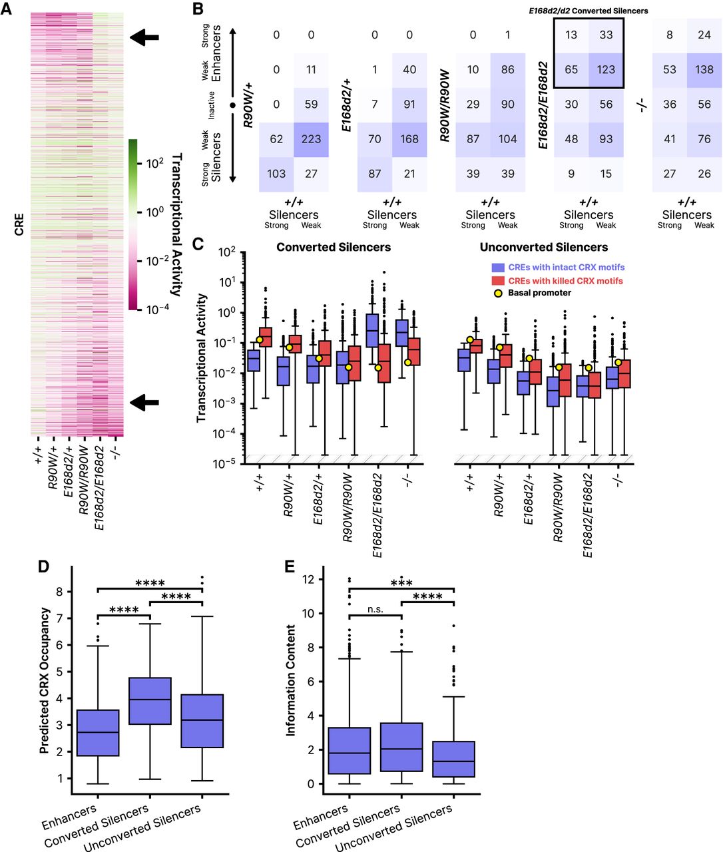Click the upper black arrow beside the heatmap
click(x=144, y=38)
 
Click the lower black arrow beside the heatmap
click(x=144, y=402)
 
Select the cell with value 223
click(x=311, y=139)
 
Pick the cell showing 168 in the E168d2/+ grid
click(x=409, y=139)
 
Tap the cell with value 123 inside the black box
click(x=606, y=69)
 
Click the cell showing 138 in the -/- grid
click(x=704, y=69)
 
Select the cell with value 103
click(x=276, y=174)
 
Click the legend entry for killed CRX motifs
click(x=565, y=281)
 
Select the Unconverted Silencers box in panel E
click(x=453, y=759)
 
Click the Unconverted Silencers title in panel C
click(x=544, y=248)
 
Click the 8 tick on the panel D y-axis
click(x=61, y=592)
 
